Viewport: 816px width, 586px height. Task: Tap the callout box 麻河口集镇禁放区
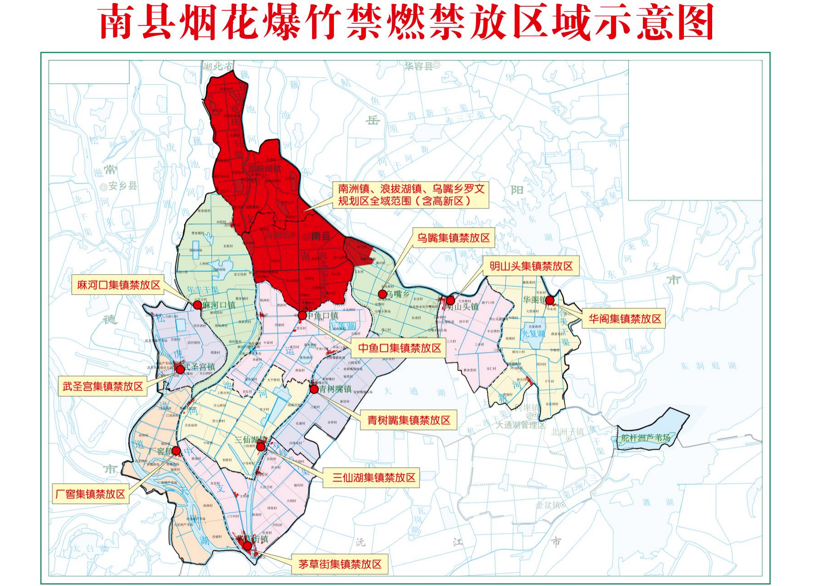118,285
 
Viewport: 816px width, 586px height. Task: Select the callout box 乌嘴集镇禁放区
453,238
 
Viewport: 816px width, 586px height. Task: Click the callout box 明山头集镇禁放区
531,266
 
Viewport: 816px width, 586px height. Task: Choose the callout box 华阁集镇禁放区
624,319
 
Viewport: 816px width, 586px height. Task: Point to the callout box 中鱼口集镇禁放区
399,348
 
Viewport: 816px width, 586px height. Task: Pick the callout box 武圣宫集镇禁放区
103,387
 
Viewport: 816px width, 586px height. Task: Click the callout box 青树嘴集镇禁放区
409,420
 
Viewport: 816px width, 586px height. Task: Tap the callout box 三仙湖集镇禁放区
374,478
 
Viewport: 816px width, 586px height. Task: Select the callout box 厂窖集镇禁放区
90,494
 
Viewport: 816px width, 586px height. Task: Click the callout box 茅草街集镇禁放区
340,564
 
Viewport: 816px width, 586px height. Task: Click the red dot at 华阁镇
550,300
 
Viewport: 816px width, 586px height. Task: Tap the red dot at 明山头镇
450,300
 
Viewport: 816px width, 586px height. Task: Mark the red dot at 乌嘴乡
383,294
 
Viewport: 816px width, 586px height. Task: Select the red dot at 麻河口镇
197,305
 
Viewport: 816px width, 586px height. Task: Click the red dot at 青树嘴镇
314,389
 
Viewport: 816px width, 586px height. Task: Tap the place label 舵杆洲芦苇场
646,438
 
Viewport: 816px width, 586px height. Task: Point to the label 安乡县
119,186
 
